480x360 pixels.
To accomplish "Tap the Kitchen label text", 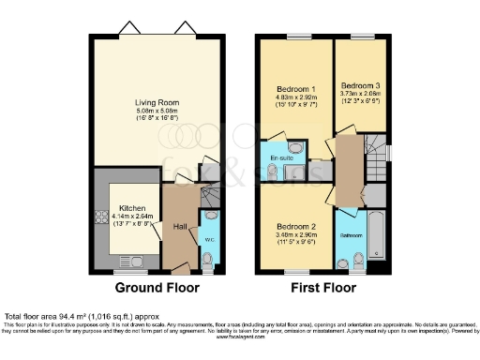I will [129, 209].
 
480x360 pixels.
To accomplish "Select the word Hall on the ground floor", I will [178, 226].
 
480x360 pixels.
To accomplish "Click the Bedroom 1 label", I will [294, 89].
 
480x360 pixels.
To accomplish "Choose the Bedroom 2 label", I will [295, 226].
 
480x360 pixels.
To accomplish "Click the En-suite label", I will [279, 159].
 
